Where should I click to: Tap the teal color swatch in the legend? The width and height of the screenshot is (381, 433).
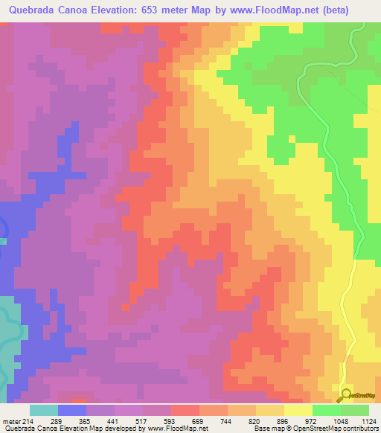(44, 410)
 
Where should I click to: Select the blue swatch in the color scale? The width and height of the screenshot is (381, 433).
(72, 410)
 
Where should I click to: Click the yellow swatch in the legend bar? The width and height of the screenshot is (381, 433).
(298, 410)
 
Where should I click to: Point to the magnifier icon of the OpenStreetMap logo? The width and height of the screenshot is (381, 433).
(345, 396)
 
